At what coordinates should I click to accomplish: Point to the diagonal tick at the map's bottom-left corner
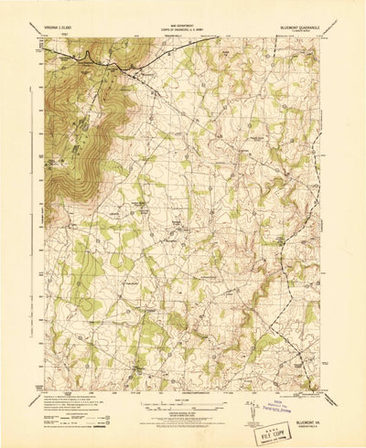35,372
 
